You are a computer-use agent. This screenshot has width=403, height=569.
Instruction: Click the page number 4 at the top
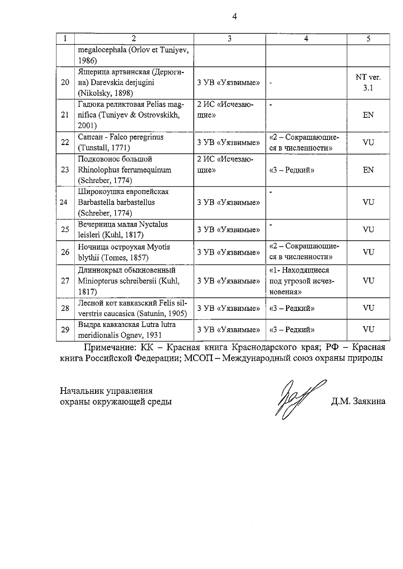tap(234, 16)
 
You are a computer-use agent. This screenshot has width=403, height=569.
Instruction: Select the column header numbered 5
tap(368, 39)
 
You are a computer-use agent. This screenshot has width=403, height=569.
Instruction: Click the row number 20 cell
tap(65, 82)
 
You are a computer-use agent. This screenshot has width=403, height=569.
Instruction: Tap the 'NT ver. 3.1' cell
tap(368, 83)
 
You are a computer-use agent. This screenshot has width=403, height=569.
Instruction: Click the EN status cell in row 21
tap(368, 115)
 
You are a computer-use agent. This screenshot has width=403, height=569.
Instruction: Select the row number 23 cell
tap(65, 170)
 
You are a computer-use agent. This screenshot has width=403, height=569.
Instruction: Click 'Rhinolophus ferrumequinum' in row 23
tap(125, 170)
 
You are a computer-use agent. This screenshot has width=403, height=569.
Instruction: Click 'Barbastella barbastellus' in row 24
tap(117, 202)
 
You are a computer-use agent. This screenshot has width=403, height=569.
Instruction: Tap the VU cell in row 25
tap(368, 230)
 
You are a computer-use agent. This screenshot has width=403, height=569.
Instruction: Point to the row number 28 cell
tap(65, 308)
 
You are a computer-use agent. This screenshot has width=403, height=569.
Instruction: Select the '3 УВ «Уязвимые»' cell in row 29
tap(228, 330)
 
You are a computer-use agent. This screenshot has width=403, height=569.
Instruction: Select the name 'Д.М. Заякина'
tap(358, 401)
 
